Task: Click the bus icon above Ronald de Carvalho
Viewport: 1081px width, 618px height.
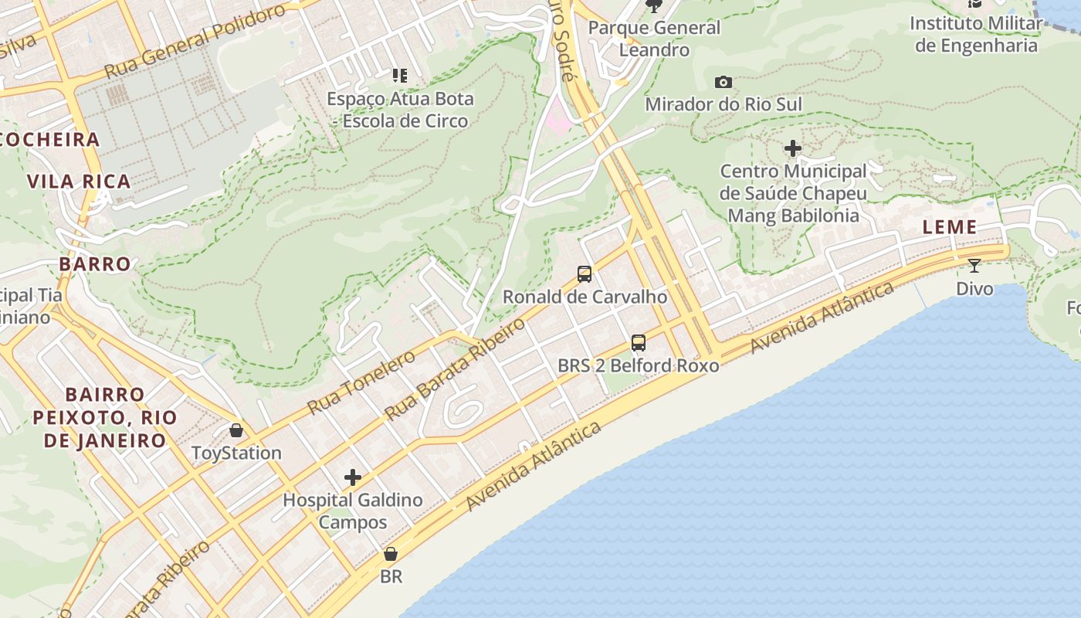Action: (x=585, y=273)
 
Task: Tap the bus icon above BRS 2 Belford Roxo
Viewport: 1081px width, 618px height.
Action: (x=638, y=342)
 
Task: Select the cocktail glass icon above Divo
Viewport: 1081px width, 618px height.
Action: (x=974, y=266)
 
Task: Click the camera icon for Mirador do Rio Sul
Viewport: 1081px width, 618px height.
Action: (x=723, y=82)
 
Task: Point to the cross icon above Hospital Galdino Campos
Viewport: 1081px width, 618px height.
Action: (x=353, y=477)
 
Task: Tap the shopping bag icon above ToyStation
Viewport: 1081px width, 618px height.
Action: (x=236, y=430)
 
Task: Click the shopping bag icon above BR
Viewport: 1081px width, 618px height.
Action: (x=391, y=554)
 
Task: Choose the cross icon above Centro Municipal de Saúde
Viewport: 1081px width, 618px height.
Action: (x=793, y=148)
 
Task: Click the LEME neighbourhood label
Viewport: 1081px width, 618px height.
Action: (x=950, y=227)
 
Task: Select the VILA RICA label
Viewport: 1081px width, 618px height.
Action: (x=79, y=182)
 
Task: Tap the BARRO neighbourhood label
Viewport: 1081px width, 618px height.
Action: (x=95, y=264)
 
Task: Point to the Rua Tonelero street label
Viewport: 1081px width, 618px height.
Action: (x=361, y=382)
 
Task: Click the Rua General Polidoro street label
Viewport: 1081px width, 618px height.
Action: (x=195, y=42)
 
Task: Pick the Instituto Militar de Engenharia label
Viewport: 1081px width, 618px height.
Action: (x=976, y=34)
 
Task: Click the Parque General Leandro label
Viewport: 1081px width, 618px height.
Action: (x=654, y=39)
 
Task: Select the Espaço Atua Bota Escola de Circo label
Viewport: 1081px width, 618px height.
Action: (x=400, y=110)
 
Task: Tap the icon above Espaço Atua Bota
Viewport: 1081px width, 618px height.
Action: (x=399, y=75)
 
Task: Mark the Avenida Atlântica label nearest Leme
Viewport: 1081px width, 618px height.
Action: (x=823, y=317)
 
